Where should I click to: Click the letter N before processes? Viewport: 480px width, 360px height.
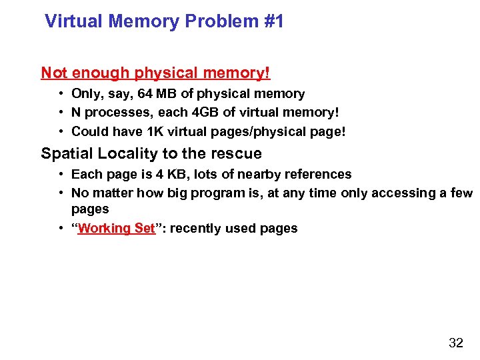click(x=77, y=113)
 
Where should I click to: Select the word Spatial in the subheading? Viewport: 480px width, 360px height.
click(x=66, y=153)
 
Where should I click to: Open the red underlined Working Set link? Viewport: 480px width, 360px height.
click(x=116, y=228)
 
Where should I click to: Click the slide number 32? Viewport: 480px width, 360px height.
click(x=456, y=343)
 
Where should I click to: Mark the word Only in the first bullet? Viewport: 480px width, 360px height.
click(x=87, y=94)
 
